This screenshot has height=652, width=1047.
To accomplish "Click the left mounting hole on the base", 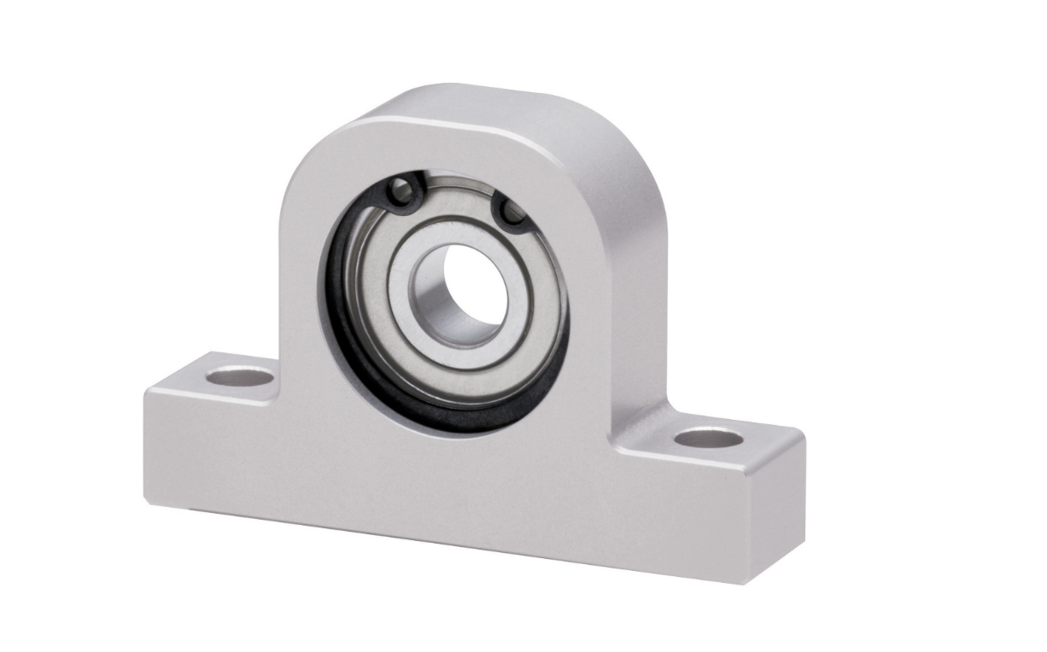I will pyautogui.click(x=240, y=375).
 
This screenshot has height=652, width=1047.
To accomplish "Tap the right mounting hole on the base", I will pyautogui.click(x=708, y=439).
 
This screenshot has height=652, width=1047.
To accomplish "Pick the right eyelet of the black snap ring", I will pyautogui.click(x=513, y=213).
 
